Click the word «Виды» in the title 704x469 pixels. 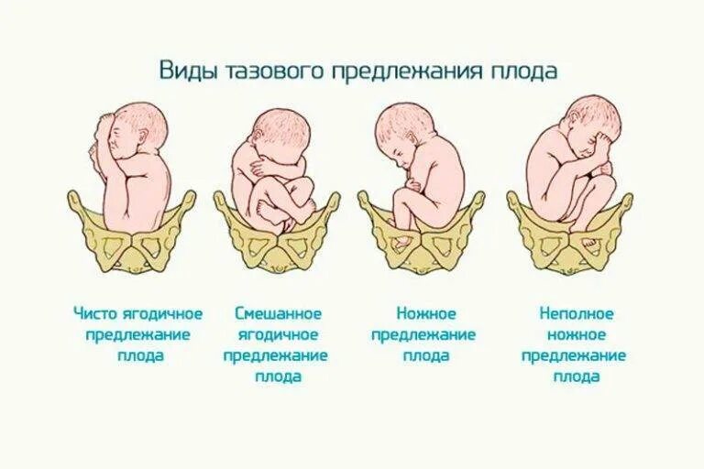184,71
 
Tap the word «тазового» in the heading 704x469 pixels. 260,71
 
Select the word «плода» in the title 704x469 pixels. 526,71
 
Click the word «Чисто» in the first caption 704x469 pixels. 96,314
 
